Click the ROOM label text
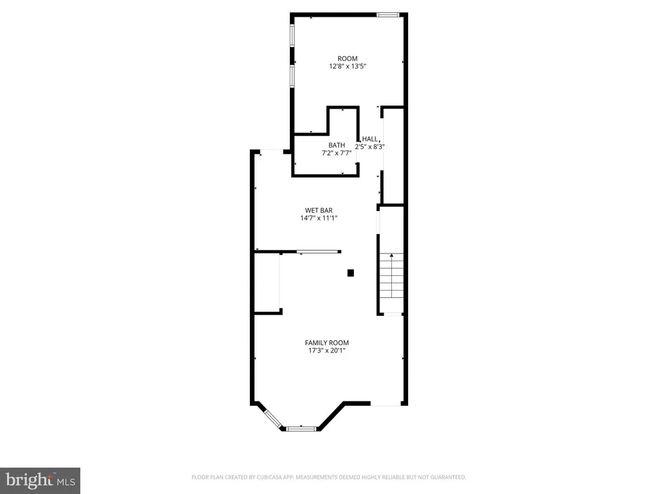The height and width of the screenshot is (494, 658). (x=348, y=59)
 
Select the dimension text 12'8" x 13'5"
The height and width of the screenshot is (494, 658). (x=348, y=66)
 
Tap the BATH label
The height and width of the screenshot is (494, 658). (x=337, y=145)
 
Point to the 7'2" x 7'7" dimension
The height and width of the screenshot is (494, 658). (x=337, y=153)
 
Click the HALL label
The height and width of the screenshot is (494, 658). (x=369, y=139)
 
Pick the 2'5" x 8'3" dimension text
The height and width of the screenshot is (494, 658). (x=369, y=147)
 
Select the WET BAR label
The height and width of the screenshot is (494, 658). (x=319, y=210)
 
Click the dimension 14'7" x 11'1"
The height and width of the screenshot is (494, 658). (x=319, y=218)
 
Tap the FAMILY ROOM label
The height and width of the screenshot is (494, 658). (x=327, y=343)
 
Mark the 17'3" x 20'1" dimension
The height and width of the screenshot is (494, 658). (x=327, y=351)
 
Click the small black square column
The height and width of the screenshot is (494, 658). (x=351, y=273)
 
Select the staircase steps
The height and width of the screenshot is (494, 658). (x=391, y=276)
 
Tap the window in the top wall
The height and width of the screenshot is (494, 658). (x=387, y=15)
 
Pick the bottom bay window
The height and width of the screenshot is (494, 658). (x=301, y=429)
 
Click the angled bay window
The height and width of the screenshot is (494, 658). (x=272, y=419)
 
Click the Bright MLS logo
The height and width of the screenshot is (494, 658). (x=40, y=480)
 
